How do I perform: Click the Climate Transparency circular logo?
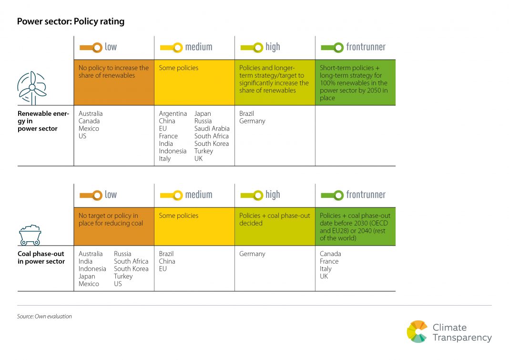click(x=417, y=332)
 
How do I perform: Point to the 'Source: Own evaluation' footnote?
click(x=44, y=316)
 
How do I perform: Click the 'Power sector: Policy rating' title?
click(x=71, y=22)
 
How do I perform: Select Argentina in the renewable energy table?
click(x=173, y=113)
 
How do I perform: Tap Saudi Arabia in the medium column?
click(x=212, y=128)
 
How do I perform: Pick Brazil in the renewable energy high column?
click(x=246, y=113)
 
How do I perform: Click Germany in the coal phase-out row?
click(x=252, y=254)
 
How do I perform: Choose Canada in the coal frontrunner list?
click(x=330, y=254)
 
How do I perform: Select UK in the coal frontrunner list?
click(x=324, y=276)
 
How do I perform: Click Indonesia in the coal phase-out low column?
click(x=92, y=268)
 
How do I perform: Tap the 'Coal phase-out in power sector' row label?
click(x=41, y=257)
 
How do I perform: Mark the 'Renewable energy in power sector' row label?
click(x=43, y=121)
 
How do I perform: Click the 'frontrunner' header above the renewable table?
click(x=366, y=47)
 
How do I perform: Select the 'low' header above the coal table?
click(x=110, y=195)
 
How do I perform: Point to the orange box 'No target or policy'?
click(x=114, y=226)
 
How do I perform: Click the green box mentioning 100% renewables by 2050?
click(x=355, y=82)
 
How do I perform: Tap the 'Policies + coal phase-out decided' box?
click(x=275, y=226)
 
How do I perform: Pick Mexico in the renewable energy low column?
click(x=89, y=128)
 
